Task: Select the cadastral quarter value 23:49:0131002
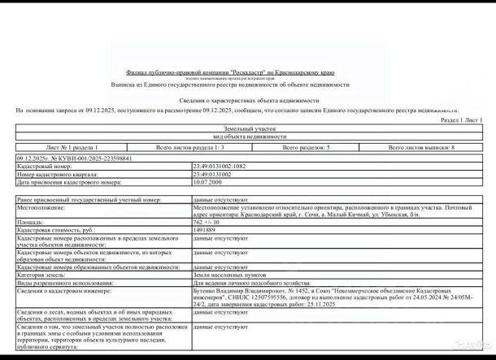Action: (x=212, y=173)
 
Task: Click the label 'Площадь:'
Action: (x=30, y=221)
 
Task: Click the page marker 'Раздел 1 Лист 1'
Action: (x=461, y=119)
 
